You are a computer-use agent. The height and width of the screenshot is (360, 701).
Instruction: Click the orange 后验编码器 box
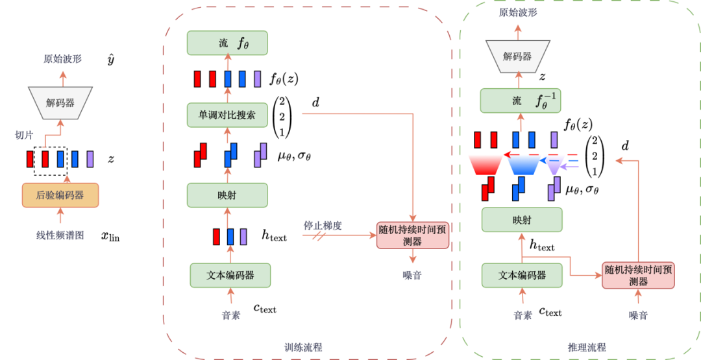[61, 195]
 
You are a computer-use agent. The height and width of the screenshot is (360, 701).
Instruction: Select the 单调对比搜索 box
[227, 115]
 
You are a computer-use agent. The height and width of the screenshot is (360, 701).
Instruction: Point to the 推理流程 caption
[587, 347]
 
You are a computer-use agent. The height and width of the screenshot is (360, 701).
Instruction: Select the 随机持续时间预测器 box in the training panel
[413, 235]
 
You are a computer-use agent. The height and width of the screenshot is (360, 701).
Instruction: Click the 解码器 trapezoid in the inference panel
[518, 56]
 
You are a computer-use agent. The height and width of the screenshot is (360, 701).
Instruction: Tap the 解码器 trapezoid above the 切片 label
[60, 102]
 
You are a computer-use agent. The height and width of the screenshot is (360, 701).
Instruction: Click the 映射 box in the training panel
[227, 195]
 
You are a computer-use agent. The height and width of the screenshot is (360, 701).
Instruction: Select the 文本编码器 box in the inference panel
[522, 275]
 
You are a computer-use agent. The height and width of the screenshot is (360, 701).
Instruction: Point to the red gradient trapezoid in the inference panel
[485, 165]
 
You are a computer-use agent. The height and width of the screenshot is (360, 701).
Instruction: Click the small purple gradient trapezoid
[554, 166]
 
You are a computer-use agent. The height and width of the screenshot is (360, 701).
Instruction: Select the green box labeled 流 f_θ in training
[227, 43]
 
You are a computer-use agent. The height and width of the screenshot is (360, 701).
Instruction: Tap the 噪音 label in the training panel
[412, 275]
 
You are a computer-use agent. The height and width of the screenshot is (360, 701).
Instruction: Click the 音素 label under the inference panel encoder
[523, 315]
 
